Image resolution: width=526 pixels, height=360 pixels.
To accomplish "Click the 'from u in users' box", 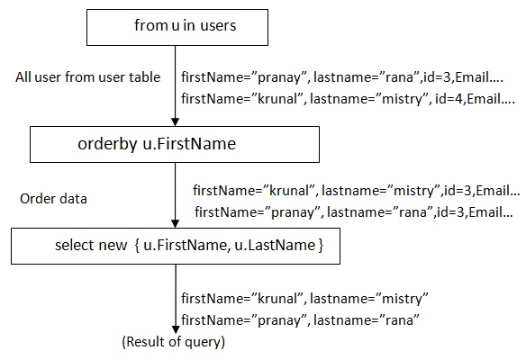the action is [x=177, y=28].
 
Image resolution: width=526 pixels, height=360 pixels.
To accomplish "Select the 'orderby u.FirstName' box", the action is [x=175, y=145].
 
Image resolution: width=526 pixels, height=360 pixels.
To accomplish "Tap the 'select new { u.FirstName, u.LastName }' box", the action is [x=176, y=246].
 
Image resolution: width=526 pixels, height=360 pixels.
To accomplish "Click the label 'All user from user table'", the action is [x=88, y=77].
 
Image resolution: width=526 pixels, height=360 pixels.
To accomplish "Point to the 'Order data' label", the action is [x=54, y=199].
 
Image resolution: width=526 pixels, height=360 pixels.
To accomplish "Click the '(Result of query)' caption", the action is [x=174, y=342].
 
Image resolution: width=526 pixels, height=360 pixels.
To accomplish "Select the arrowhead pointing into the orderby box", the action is [x=175, y=122].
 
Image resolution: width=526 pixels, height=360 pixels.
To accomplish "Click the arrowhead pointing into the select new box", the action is [x=175, y=223].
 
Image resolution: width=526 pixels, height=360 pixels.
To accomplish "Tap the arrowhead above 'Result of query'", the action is [x=176, y=329].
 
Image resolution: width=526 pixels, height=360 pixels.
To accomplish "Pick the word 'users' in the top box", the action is [x=218, y=26].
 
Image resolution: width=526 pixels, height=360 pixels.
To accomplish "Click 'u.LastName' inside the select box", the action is [x=275, y=246].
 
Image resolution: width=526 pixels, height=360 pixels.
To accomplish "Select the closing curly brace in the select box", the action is [x=321, y=246].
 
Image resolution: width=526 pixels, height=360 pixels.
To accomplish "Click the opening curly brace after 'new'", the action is [x=137, y=246].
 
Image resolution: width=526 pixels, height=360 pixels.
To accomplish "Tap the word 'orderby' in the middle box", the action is [x=107, y=145].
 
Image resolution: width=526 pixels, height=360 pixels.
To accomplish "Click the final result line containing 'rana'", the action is [x=300, y=320].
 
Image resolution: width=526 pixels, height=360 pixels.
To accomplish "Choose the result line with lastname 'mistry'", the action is [x=304, y=299].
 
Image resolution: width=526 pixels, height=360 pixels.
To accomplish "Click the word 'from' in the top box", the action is [x=151, y=25].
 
